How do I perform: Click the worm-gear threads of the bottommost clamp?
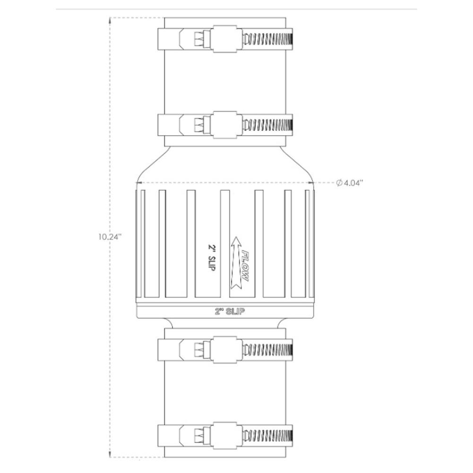click(x=268, y=435)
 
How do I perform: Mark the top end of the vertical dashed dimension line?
click(x=110, y=18)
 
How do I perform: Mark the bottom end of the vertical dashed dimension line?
click(x=110, y=456)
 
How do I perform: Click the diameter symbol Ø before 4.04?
click(x=339, y=183)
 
